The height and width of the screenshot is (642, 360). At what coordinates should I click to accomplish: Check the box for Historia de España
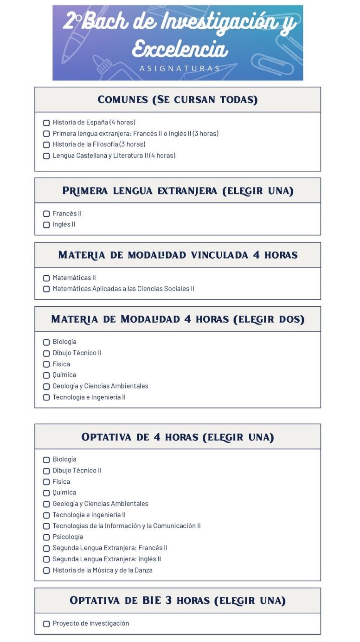pos(46,123)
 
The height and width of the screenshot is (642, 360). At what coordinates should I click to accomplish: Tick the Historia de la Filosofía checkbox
pos(46,145)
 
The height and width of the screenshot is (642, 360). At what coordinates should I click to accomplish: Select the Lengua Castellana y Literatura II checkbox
pos(46,156)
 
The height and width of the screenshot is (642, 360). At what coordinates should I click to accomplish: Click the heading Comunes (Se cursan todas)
pos(177,100)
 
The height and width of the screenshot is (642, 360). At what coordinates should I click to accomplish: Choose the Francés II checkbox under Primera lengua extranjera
pos(46,214)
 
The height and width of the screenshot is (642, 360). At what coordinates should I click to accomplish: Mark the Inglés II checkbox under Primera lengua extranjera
pos(46,225)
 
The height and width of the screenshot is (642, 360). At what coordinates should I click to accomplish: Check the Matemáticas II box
pos(46,279)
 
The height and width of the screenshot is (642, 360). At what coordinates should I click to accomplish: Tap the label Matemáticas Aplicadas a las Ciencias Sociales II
pos(123,289)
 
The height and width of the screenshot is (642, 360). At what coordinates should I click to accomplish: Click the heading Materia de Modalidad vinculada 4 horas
pos(177,255)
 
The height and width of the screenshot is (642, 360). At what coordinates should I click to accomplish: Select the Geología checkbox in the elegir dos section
pos(46,387)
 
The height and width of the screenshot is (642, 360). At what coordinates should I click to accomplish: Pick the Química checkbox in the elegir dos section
pos(46,376)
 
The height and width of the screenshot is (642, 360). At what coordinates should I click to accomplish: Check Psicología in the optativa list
pos(46,538)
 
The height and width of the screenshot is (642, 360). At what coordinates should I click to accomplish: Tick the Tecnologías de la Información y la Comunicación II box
pos(46,526)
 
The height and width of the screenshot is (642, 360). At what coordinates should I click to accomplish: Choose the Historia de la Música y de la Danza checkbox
pos(46,571)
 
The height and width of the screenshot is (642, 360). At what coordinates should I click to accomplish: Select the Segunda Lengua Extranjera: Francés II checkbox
pos(46,549)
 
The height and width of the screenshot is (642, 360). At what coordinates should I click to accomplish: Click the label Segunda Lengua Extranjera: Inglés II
pos(107,559)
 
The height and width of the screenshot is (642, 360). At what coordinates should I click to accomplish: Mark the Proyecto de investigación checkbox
pos(46,624)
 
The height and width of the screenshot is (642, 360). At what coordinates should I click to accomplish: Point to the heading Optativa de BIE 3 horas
pos(177,601)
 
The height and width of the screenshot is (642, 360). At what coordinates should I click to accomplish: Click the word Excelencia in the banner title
pos(180,49)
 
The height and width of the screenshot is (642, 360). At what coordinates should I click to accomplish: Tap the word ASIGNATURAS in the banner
pos(180,69)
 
